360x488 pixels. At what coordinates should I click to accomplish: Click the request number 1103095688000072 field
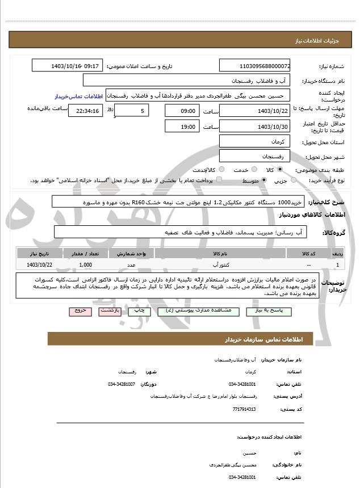[x=254, y=66]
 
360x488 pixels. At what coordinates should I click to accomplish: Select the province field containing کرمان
[x=254, y=141]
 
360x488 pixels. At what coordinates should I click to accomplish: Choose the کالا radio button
[x=279, y=170]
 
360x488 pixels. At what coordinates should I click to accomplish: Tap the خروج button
[x=78, y=311]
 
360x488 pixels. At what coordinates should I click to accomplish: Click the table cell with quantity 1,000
[x=86, y=264]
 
